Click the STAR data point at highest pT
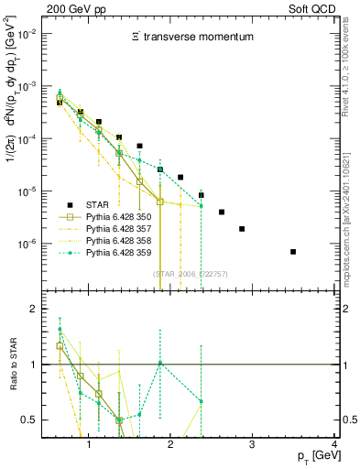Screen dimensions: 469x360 point(293,251)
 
